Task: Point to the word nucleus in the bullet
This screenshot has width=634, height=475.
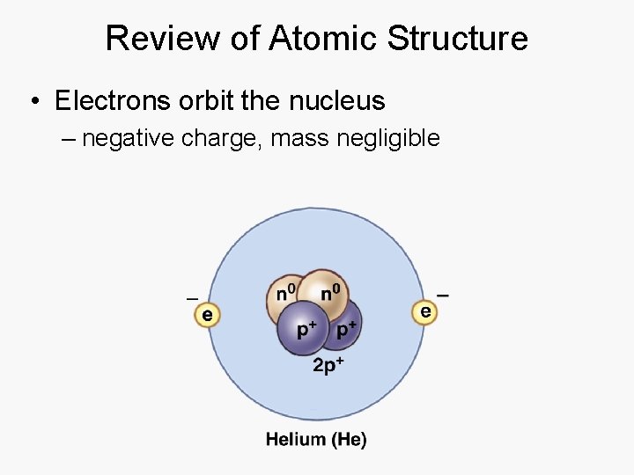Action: [337, 101]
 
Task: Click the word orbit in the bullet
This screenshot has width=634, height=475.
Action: [204, 101]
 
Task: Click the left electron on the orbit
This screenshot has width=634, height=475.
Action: [207, 314]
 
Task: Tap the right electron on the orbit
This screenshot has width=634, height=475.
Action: [424, 311]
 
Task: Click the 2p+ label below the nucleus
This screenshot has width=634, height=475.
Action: [327, 365]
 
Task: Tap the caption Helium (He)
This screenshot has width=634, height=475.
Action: [315, 439]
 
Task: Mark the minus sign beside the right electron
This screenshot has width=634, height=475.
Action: [443, 294]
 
